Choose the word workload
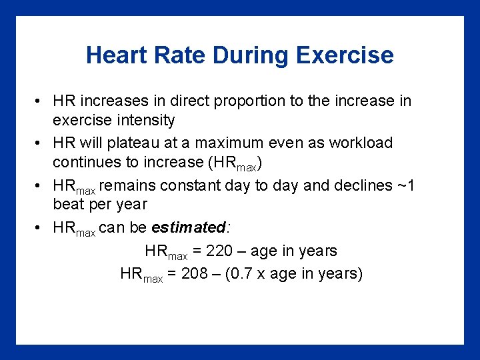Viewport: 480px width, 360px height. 361,143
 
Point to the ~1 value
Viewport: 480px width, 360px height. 405,185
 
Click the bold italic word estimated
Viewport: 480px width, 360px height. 189,227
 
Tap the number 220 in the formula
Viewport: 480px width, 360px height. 219,251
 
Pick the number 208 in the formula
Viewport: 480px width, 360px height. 195,274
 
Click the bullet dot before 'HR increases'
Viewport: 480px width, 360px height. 40,101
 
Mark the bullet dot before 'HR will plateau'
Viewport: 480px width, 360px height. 40,143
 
